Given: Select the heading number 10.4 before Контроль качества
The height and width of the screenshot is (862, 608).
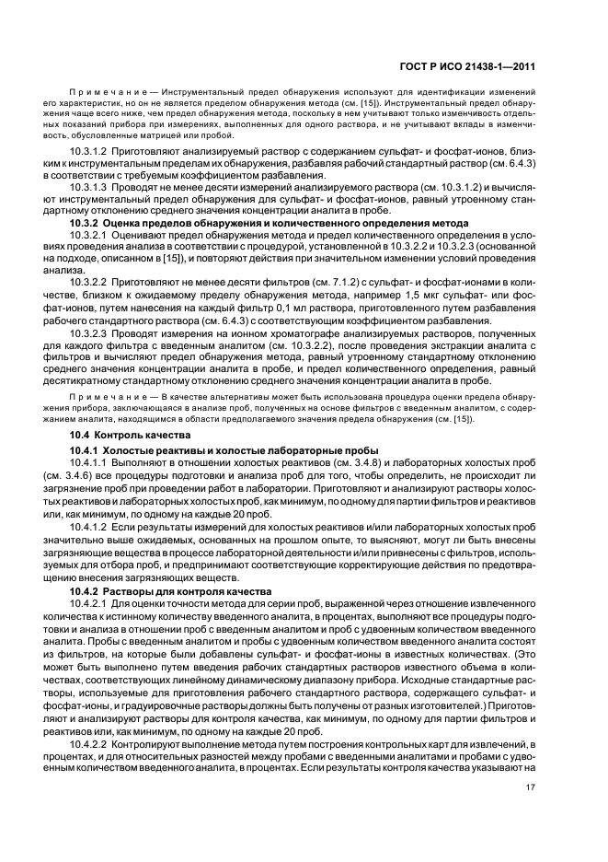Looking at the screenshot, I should click(81, 433).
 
